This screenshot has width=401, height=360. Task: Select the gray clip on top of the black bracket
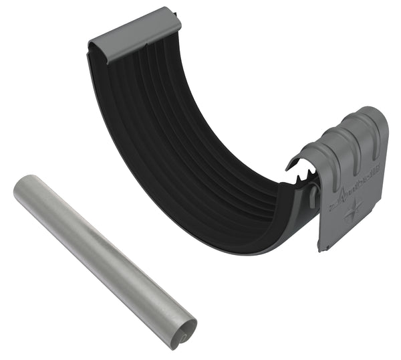pyautogui.click(x=134, y=33)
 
